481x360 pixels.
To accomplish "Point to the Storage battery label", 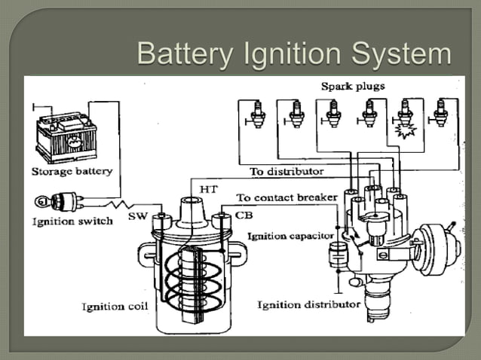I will (72, 171).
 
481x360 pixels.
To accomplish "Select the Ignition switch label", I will (72, 221).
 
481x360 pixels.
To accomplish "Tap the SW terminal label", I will (138, 215).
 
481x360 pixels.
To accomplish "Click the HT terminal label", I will (209, 189).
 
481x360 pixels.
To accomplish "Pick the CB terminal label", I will (244, 215).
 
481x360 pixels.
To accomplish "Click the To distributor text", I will (286, 172).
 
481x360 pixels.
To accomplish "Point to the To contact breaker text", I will (283, 197).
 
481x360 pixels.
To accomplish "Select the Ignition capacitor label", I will (290, 236).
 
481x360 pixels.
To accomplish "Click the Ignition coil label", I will (114, 307).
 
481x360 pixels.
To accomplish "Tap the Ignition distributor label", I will (308, 304).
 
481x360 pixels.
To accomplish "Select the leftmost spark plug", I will (258, 114).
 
